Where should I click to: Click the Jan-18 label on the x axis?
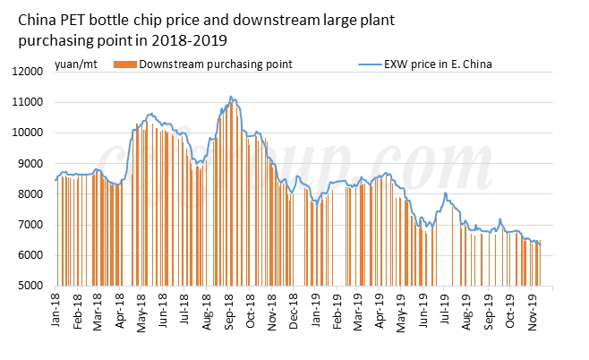55,310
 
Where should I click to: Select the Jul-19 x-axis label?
444,310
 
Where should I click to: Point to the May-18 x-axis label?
141,310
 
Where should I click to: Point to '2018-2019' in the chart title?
190,40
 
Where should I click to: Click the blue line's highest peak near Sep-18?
231,97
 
